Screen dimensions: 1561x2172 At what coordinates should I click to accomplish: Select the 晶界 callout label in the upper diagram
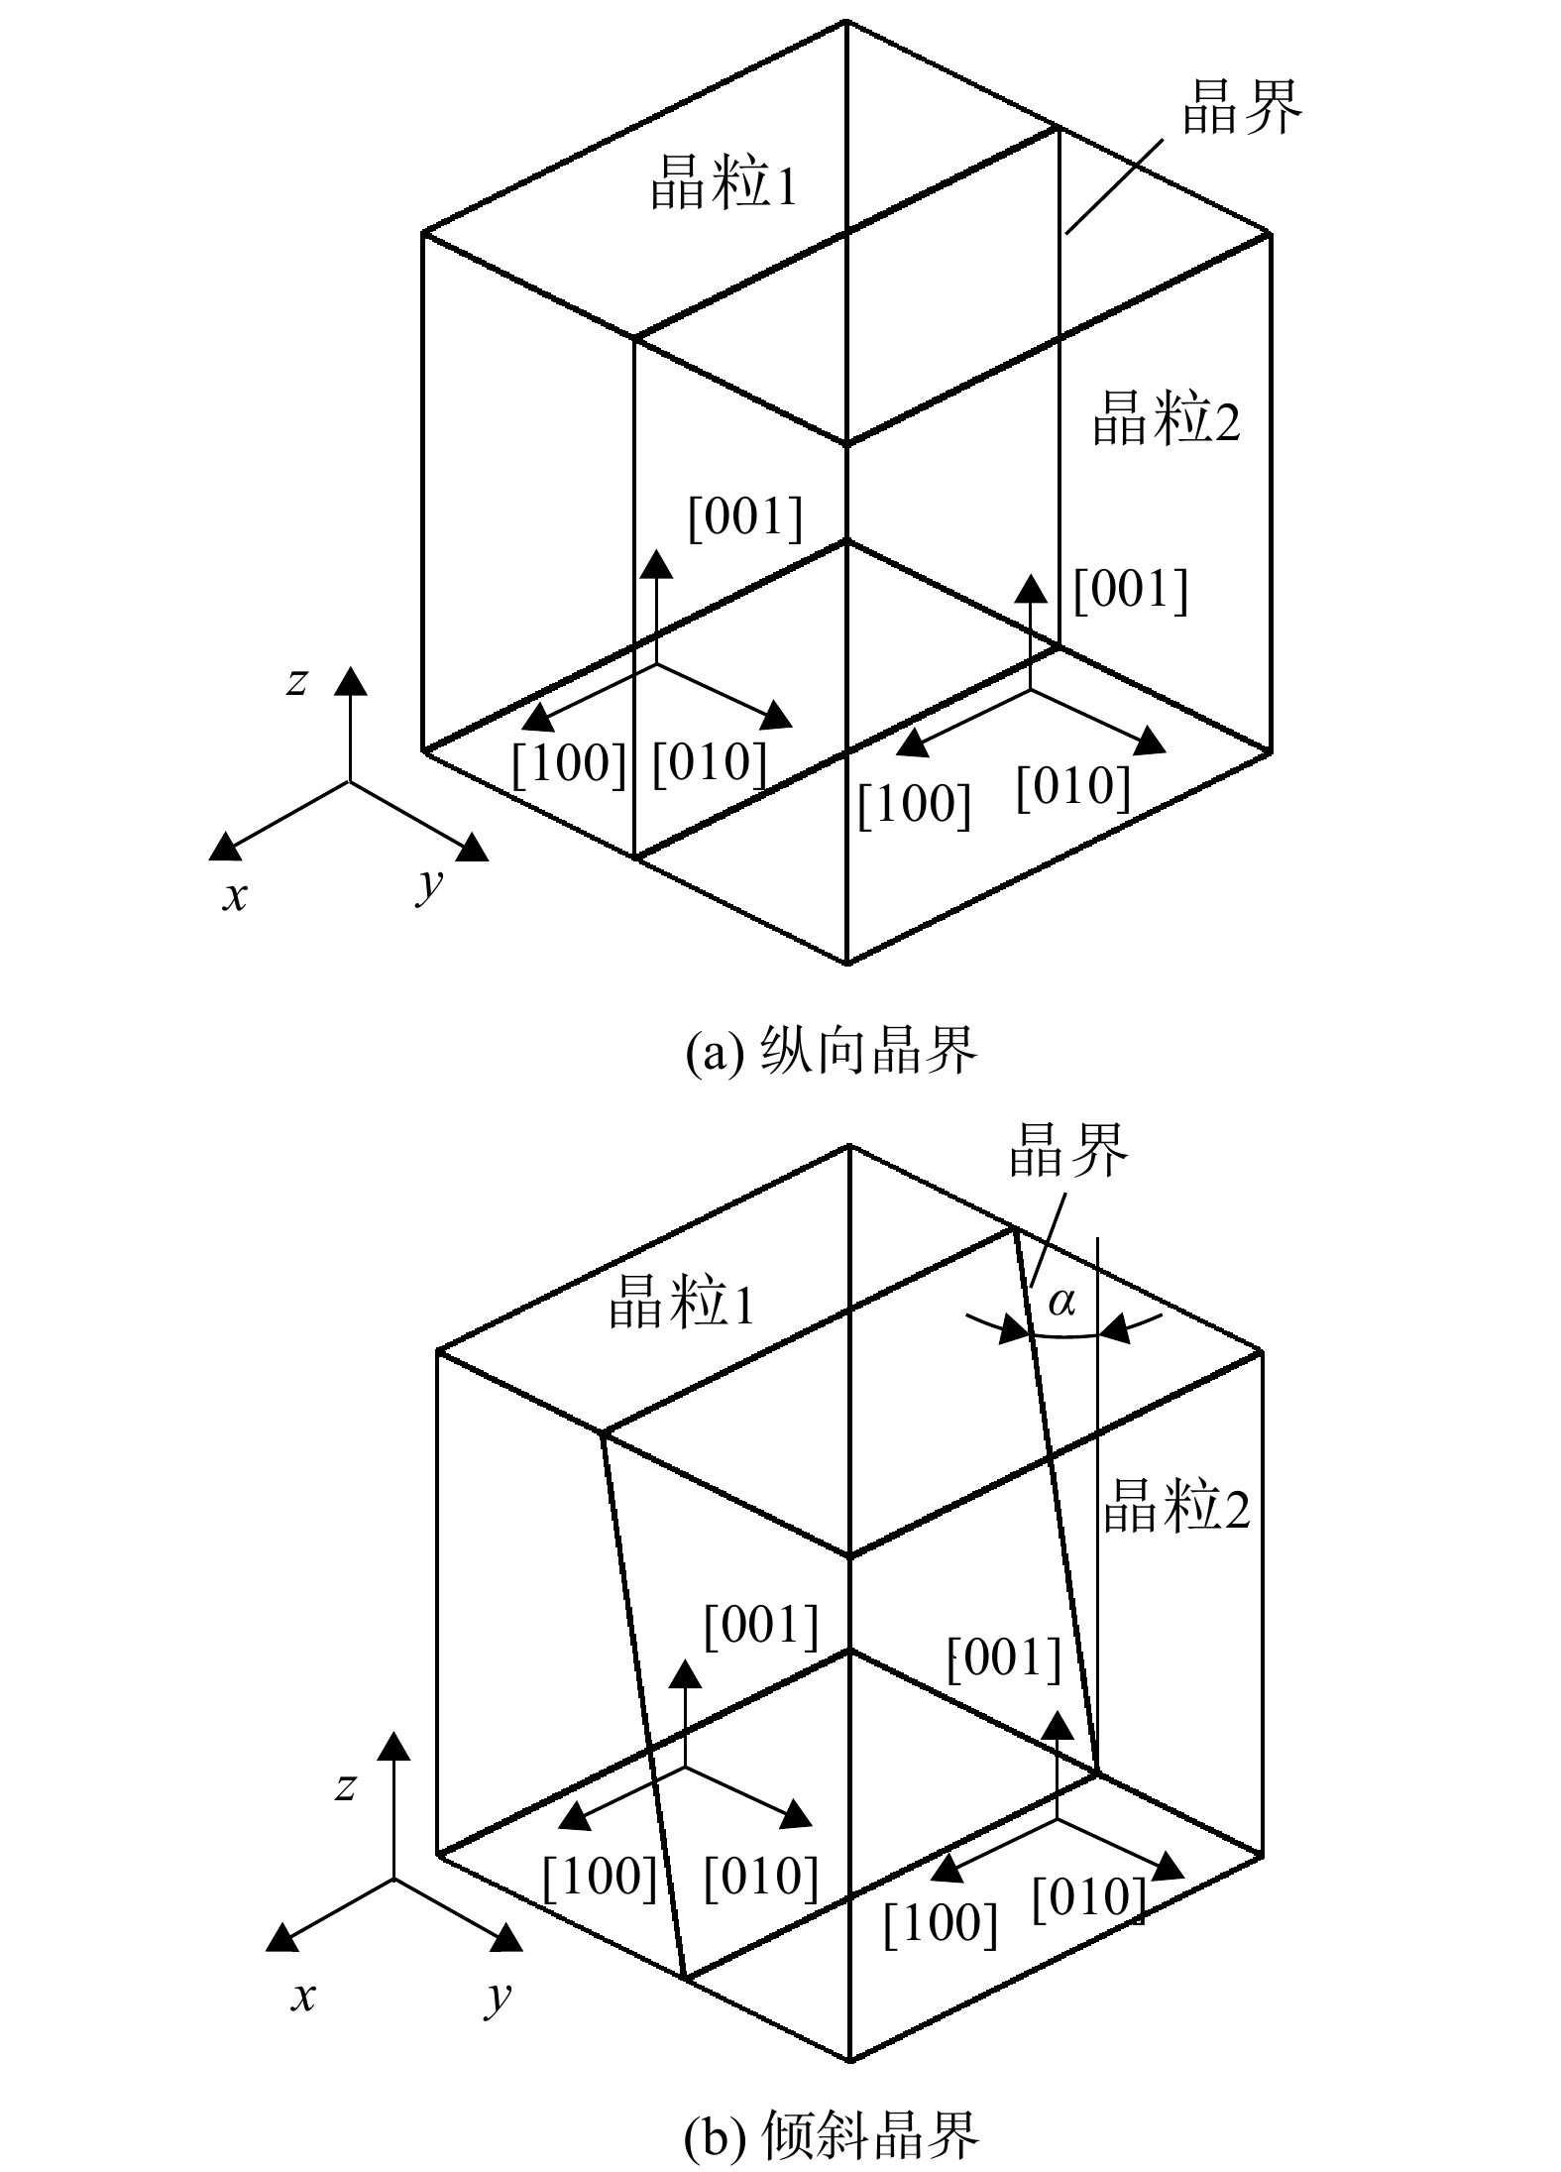(x=1241, y=106)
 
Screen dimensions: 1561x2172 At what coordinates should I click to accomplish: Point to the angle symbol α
(x=1061, y=1301)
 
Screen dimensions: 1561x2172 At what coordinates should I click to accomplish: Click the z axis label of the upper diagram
(x=296, y=681)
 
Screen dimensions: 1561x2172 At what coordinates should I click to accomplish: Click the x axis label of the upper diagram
(x=235, y=896)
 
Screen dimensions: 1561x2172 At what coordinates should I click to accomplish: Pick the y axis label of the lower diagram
(x=499, y=1995)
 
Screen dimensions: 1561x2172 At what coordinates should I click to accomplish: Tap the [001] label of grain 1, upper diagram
(x=745, y=517)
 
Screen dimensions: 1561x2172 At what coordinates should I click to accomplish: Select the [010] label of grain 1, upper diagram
(x=710, y=763)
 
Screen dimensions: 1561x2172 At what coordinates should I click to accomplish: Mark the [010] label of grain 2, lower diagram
(x=1089, y=1897)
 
